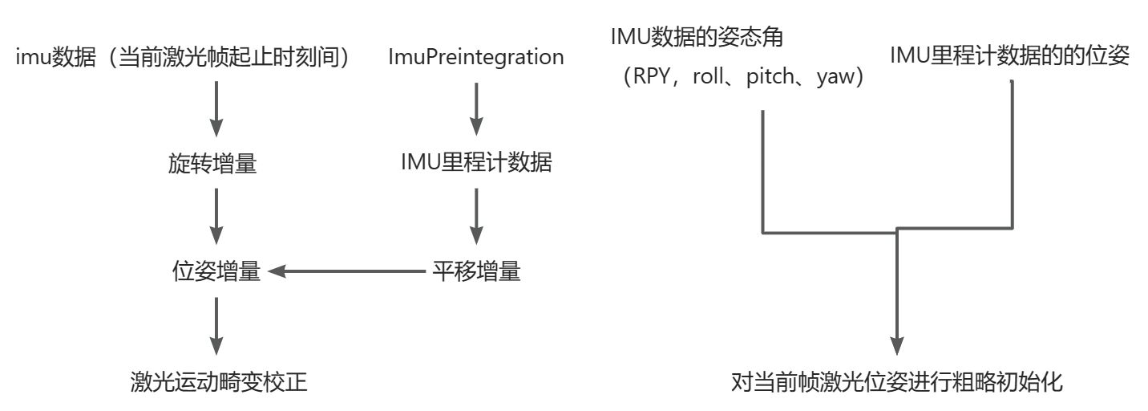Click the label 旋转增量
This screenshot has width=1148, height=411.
coord(214,164)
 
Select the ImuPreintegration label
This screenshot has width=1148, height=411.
coord(475,57)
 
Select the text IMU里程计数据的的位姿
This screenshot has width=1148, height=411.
coord(1010,56)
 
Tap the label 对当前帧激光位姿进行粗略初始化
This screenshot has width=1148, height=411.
coord(897,381)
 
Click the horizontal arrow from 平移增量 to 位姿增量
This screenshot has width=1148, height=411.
coord(345,272)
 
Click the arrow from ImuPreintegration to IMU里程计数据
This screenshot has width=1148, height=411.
coord(475,110)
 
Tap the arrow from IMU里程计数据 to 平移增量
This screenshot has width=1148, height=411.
coord(475,217)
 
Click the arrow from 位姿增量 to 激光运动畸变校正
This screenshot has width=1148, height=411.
coord(216,326)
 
